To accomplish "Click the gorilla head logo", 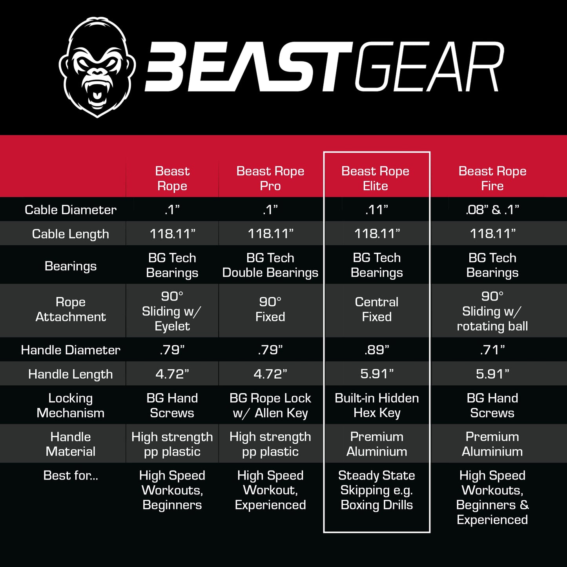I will pyautogui.click(x=97, y=67).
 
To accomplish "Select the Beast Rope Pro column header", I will pyautogui.click(x=270, y=179).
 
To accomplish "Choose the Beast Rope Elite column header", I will pyautogui.click(x=376, y=179).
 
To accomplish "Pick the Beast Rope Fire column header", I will pyautogui.click(x=492, y=179).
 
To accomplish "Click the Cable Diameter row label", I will pyautogui.click(x=71, y=210).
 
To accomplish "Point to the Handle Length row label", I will pyautogui.click(x=71, y=374).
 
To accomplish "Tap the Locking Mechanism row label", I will pyautogui.click(x=71, y=405).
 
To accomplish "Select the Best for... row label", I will pyautogui.click(x=71, y=476).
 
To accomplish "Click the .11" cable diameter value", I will pyautogui.click(x=377, y=210).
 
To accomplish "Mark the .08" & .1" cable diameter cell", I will pyautogui.click(x=492, y=210).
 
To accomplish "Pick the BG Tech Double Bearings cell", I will pyautogui.click(x=270, y=265).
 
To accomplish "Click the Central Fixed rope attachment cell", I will pyautogui.click(x=377, y=309).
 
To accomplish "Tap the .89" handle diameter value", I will pyautogui.click(x=377, y=350).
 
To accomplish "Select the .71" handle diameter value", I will pyautogui.click(x=492, y=350).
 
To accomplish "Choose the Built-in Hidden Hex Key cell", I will pyautogui.click(x=377, y=405).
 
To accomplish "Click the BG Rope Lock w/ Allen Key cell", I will pyautogui.click(x=270, y=405).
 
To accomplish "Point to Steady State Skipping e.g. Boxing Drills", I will pyautogui.click(x=377, y=490).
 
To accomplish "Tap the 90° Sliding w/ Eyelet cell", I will pyautogui.click(x=172, y=311).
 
